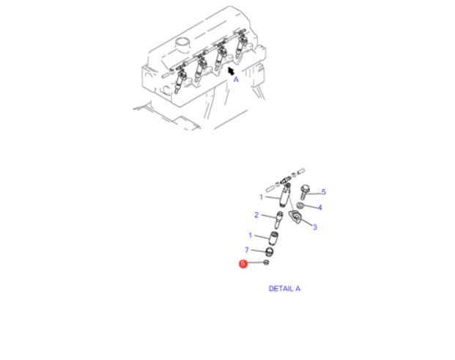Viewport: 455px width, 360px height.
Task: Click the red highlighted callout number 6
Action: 243,264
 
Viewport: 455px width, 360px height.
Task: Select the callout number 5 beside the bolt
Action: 324,192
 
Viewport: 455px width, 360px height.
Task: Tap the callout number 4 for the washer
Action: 319,207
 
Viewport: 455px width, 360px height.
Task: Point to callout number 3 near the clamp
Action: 315,227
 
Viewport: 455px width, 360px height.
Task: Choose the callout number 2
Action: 256,215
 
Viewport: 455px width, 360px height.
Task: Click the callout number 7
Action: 247,250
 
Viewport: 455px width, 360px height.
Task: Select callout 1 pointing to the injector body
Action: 261,197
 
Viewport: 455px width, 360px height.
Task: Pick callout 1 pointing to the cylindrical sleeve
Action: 250,235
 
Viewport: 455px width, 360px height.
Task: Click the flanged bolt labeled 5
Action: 305,192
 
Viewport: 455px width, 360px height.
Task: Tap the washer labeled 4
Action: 300,205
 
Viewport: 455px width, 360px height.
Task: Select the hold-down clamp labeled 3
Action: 295,216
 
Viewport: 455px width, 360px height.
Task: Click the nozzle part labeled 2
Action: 278,220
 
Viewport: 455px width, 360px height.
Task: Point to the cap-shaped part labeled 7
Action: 270,251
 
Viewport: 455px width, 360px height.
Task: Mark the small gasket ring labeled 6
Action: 266,262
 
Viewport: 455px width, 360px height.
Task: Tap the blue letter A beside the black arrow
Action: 236,79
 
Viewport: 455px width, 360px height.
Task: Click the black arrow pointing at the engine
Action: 231,71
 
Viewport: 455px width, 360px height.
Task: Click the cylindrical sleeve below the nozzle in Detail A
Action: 273,238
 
